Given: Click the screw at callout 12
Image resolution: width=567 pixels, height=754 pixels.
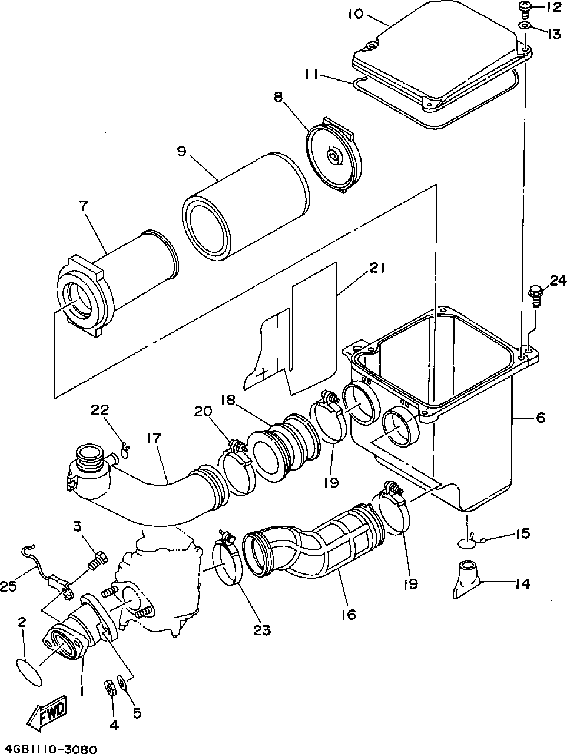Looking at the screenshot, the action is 525,9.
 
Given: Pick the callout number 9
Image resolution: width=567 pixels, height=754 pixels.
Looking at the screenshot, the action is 182,151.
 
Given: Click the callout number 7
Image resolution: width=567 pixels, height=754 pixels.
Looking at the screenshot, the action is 84,206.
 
